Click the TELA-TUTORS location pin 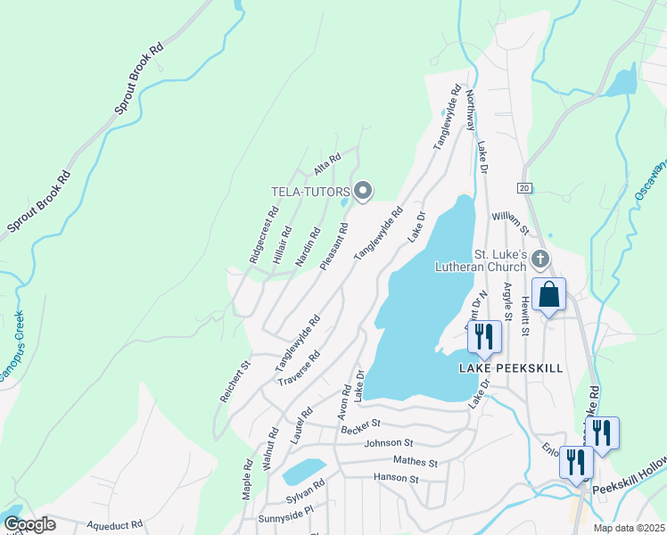pyautogui.click(x=363, y=191)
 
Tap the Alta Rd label pyautogui.click(x=327, y=164)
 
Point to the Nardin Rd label pyautogui.click(x=308, y=247)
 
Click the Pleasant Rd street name pyautogui.click(x=333, y=247)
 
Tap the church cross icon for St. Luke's pyautogui.click(x=539, y=259)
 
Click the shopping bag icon pyautogui.click(x=549, y=294)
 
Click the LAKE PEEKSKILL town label pyautogui.click(x=511, y=368)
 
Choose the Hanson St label pyautogui.click(x=397, y=479)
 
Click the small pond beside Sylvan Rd pyautogui.click(x=304, y=471)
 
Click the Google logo pyautogui.click(x=29, y=524)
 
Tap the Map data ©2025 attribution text pyautogui.click(x=629, y=528)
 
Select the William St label pyautogui.click(x=510, y=224)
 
